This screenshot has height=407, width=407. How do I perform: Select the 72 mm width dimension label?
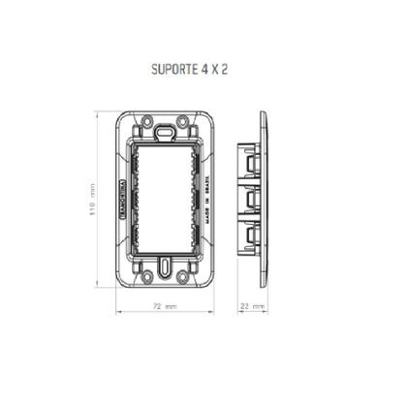pyautogui.click(x=165, y=305)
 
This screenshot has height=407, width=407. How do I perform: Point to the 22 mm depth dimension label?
pyautogui.click(x=252, y=305)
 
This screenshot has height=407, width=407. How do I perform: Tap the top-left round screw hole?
pyautogui.click(x=144, y=122)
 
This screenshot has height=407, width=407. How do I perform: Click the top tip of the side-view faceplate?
pyautogui.click(x=265, y=112)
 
